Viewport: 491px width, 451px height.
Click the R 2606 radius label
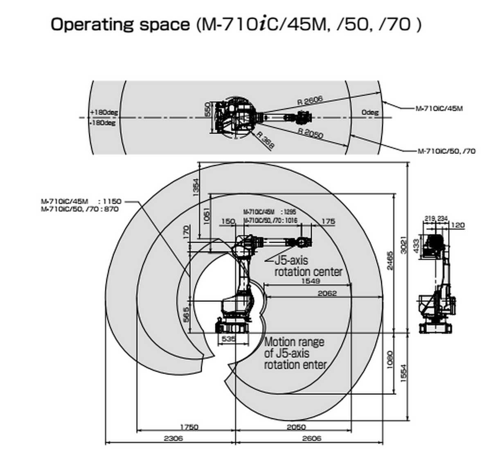(x=310, y=100)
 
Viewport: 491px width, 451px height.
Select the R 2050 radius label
(x=310, y=133)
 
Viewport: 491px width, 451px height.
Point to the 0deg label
(x=370, y=112)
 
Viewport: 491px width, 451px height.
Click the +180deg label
(x=104, y=112)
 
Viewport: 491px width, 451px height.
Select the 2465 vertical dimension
(x=390, y=260)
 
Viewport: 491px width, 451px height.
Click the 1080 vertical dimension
(x=390, y=359)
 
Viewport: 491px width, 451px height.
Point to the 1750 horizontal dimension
(x=189, y=427)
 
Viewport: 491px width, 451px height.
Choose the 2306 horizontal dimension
(x=173, y=438)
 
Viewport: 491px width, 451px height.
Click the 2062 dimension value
(x=327, y=293)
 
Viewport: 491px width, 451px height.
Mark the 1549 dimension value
(x=311, y=281)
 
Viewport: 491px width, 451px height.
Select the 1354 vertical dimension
(x=196, y=187)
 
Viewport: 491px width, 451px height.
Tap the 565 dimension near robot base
(x=187, y=314)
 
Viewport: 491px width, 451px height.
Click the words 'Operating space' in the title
(x=120, y=25)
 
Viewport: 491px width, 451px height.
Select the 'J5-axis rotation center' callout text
(x=308, y=266)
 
